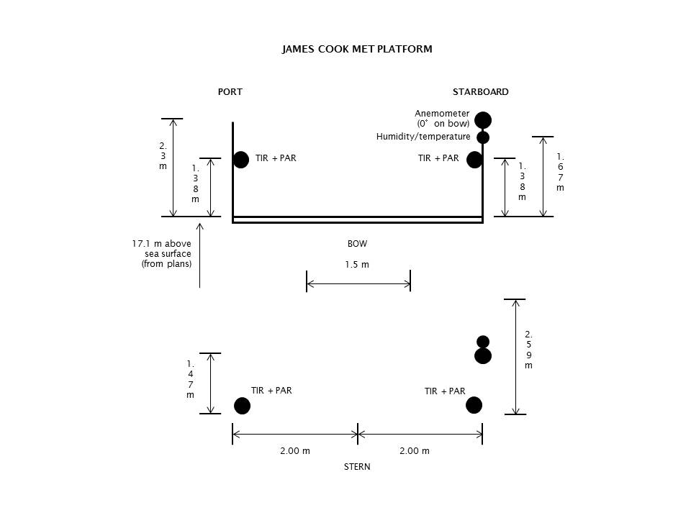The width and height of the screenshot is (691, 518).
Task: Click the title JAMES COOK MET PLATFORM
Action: (x=357, y=49)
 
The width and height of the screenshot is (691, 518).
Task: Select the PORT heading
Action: (x=230, y=91)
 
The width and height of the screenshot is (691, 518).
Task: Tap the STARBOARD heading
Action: (x=480, y=91)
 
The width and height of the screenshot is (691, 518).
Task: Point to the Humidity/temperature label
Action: (x=423, y=137)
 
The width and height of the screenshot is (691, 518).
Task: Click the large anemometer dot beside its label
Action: (x=483, y=120)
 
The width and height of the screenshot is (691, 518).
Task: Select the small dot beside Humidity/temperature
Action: (x=483, y=138)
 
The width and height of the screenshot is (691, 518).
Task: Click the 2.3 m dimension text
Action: (x=163, y=156)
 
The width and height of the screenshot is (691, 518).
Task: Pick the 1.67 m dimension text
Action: (x=560, y=172)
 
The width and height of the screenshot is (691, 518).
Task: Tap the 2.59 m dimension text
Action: (x=528, y=350)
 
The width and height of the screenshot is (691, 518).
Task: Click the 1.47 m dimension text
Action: (x=190, y=379)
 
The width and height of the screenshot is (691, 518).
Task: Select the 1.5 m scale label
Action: (x=357, y=264)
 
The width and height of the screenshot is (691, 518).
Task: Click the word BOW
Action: (x=357, y=244)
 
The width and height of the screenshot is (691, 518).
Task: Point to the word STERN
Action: (x=357, y=466)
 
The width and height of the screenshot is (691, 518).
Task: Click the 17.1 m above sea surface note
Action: (x=162, y=254)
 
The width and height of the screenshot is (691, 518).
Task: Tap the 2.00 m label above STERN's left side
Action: (x=295, y=450)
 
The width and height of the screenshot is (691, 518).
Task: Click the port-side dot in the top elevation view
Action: (x=241, y=160)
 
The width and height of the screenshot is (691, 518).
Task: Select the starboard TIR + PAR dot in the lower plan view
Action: (x=474, y=405)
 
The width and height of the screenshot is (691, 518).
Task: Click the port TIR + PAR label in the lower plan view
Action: (x=271, y=390)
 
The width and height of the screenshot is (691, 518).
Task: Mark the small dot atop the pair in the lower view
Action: (x=483, y=342)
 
